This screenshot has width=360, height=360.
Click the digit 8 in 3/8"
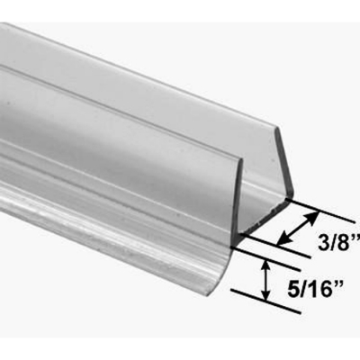pyautogui.click(x=346, y=242)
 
